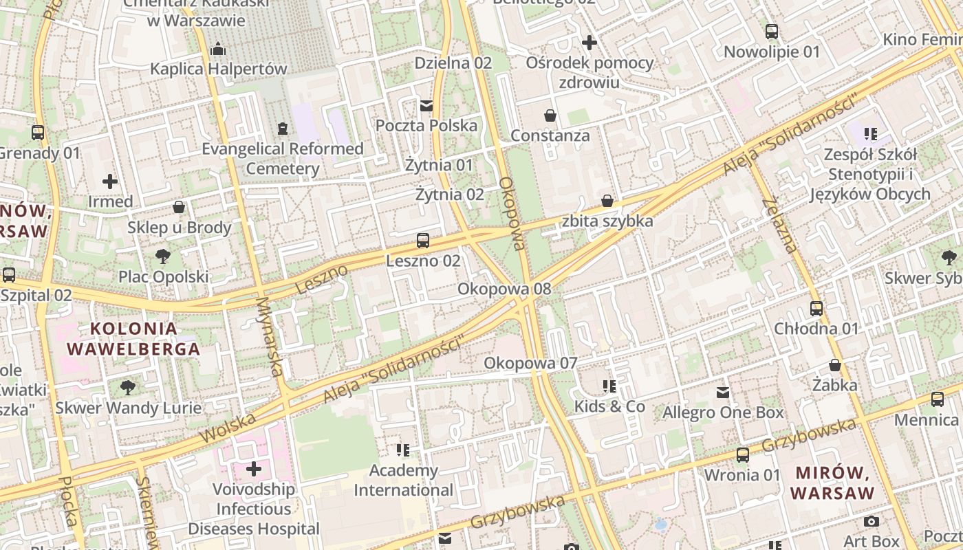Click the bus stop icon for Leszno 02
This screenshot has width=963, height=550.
[423, 241]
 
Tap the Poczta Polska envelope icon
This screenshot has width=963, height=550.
[426, 105]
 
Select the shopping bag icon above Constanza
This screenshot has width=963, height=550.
[550, 115]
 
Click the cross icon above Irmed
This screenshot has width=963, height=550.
[110, 181]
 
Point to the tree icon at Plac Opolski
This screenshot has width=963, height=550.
[163, 256]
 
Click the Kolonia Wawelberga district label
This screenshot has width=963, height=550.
[133, 338]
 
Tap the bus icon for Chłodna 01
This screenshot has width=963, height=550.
[816, 309]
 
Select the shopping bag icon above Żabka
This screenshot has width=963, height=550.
[835, 364]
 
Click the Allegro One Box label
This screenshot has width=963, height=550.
[723, 412]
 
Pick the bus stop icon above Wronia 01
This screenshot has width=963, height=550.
[743, 454]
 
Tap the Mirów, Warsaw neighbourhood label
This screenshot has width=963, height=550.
[832, 483]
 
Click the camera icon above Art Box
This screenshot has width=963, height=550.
[872, 522]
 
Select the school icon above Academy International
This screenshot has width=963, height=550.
[403, 450]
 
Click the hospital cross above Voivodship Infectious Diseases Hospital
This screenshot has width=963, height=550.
[254, 469]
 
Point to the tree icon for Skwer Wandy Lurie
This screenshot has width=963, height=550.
[128, 387]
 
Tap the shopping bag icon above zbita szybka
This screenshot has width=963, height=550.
[607, 201]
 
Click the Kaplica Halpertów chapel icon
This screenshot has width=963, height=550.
[218, 49]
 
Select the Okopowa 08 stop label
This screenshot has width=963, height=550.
[505, 289]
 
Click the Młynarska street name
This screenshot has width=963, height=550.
[270, 337]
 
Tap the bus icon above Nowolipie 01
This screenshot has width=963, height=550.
[772, 32]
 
